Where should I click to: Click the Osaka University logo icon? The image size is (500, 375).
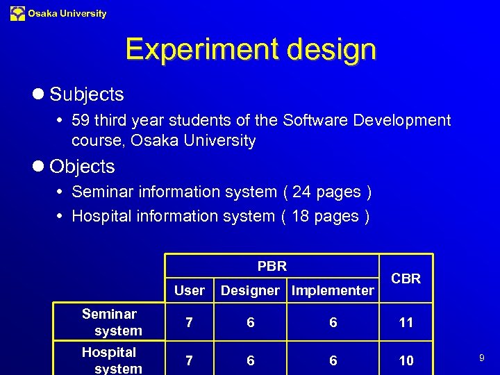tap(17, 13)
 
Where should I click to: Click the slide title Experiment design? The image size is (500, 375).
tap(251, 50)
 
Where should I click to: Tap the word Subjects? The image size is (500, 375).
tap(87, 94)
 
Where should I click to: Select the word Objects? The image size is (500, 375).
tap(82, 167)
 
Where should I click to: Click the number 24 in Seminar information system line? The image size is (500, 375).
tap(302, 192)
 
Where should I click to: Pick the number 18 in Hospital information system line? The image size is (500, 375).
tap(300, 216)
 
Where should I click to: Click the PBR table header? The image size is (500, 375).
tap(272, 266)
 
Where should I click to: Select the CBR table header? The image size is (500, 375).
tap(406, 278)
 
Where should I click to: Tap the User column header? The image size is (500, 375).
tap(190, 290)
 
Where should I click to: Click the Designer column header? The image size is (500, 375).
tap(250, 290)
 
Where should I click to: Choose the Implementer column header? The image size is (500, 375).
tap(333, 290)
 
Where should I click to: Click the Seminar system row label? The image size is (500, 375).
tap(110, 322)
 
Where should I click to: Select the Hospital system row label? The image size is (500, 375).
tap(109, 360)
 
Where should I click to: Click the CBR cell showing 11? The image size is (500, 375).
tap(406, 322)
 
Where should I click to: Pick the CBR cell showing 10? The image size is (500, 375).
tap(406, 360)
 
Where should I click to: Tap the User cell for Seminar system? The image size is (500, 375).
tap(188, 322)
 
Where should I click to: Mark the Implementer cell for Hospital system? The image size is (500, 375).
tap(333, 360)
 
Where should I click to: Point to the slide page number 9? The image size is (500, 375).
tap(481, 358)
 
